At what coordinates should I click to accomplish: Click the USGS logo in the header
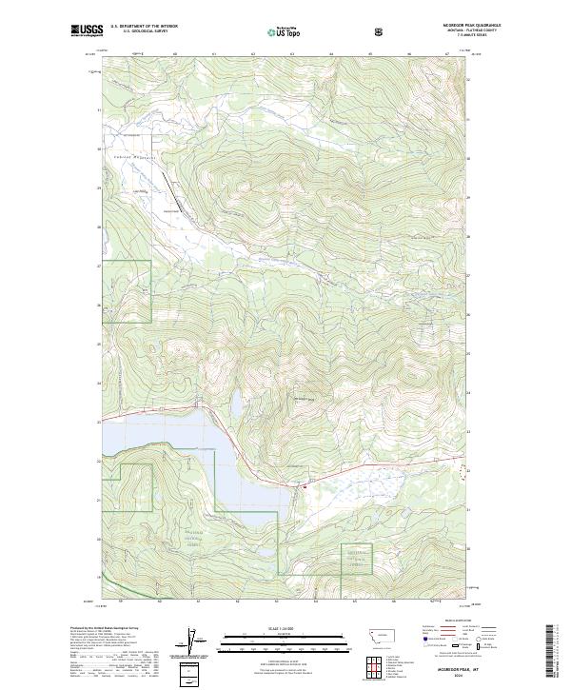point(87,30)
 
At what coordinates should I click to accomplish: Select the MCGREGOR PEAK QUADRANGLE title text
point(445,26)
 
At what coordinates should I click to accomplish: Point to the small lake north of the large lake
point(233,403)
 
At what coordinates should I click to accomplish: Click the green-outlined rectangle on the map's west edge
point(126,291)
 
